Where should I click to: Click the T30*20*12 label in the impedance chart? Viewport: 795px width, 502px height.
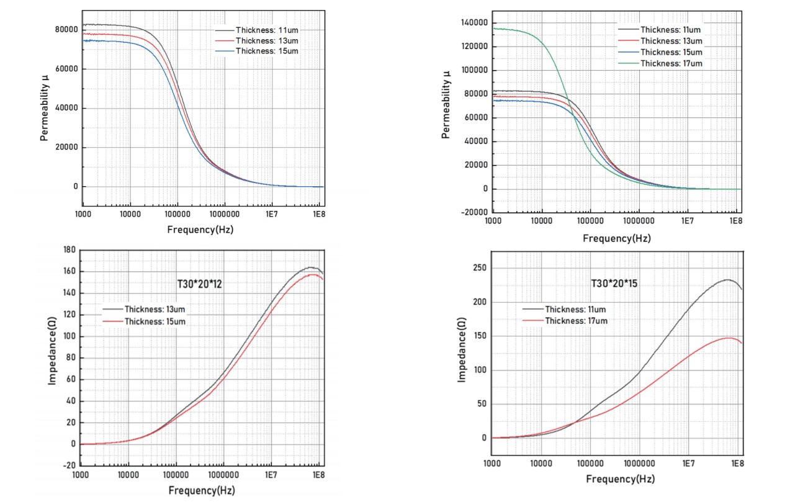199,284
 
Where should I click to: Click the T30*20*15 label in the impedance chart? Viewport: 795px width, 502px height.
614,284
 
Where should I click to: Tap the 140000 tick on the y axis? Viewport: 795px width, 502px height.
474,23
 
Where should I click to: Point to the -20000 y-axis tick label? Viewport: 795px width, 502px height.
474,212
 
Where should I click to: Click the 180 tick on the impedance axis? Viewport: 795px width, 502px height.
70,249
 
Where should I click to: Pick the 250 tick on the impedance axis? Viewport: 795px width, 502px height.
480,268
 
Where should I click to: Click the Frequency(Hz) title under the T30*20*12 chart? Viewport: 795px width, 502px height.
202,491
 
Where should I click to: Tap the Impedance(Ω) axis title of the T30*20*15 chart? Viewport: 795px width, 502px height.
461,350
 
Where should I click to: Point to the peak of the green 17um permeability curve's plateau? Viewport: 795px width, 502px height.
495,29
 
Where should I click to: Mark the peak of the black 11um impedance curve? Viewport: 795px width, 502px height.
727,280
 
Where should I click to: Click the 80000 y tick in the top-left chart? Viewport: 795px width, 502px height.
66,29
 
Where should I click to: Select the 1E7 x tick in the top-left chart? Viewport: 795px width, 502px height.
271,214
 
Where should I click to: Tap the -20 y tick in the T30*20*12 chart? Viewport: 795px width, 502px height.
70,465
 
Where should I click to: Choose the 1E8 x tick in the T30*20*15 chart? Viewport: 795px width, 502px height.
737,464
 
